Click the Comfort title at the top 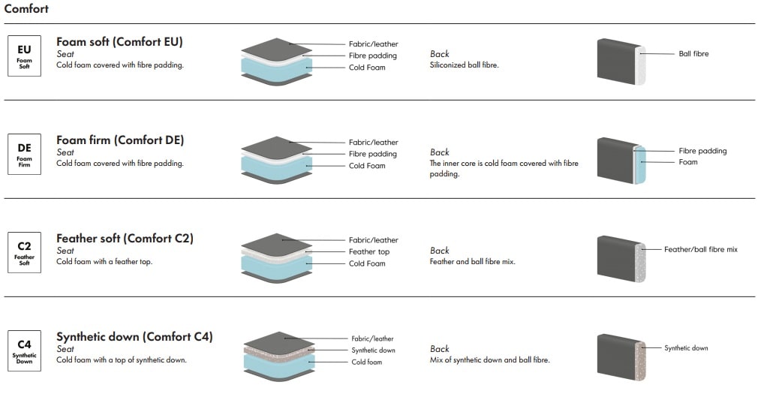26,9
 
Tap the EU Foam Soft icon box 24,56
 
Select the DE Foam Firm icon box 24,154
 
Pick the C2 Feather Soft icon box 24,252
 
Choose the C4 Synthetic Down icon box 24,350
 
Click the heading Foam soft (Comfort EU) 119,42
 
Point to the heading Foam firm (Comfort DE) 120,140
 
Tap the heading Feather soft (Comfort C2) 125,239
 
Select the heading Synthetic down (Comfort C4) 134,337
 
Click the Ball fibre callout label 693,54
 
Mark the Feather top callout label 369,252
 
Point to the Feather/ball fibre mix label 700,249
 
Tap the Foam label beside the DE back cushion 688,162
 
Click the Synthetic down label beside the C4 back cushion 686,348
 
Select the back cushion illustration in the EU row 621,61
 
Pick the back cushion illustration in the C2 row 621,258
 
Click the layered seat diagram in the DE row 277,160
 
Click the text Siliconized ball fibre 464,65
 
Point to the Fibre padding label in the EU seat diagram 372,56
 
